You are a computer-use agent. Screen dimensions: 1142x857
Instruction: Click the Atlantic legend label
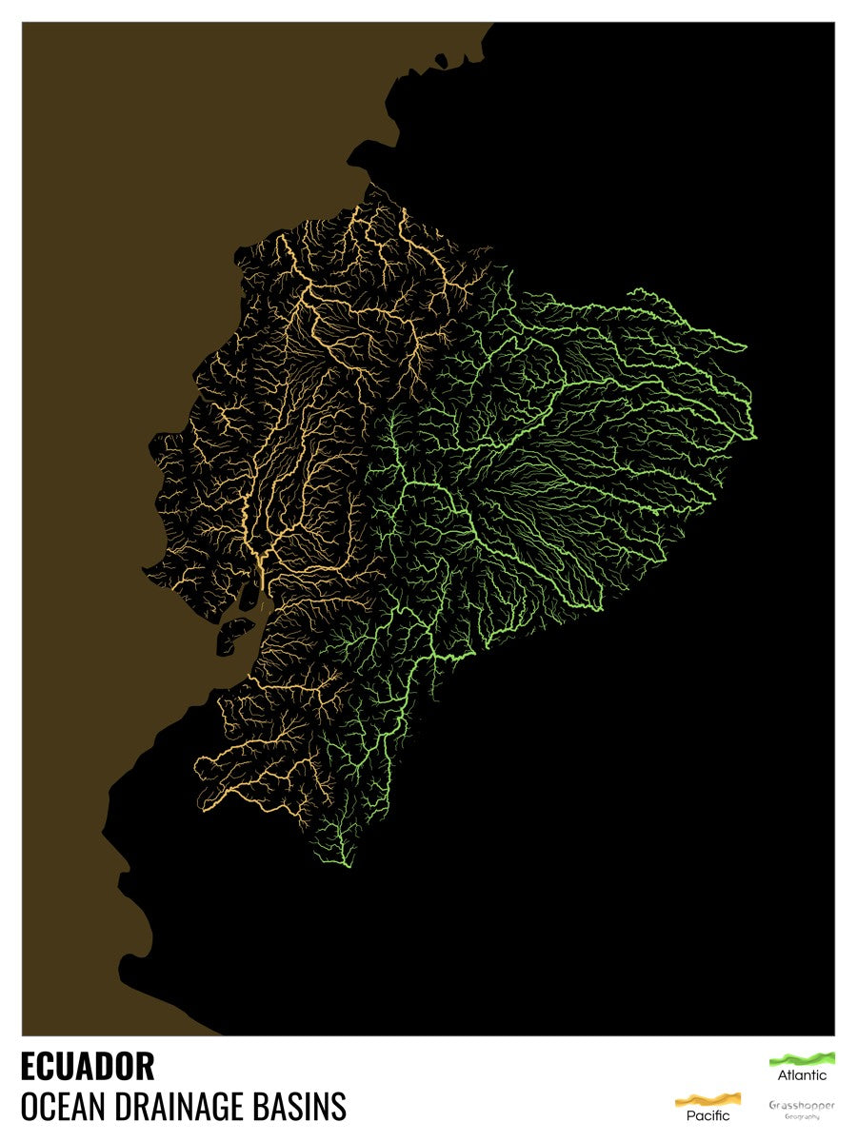tap(802, 1075)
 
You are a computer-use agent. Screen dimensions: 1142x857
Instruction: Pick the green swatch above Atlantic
tap(802, 1058)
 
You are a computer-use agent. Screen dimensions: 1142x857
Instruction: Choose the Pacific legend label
tap(708, 1115)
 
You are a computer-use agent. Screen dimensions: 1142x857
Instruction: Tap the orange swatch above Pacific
tap(708, 1099)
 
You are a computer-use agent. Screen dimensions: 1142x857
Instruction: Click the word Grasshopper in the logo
tap(802, 1105)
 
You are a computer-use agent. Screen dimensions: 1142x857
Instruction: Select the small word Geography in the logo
tap(802, 1116)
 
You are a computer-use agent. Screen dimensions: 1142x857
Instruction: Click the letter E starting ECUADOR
tap(29, 1066)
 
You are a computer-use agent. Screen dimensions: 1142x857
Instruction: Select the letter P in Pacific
tap(690, 1115)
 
